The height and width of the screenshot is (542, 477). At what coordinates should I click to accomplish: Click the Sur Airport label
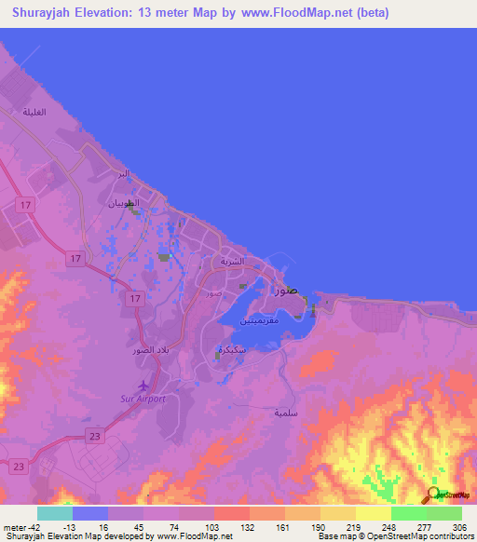click(x=143, y=399)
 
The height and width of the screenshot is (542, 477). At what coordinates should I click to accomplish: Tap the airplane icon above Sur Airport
click(x=143, y=386)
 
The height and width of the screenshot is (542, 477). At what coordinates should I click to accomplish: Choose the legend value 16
click(x=102, y=527)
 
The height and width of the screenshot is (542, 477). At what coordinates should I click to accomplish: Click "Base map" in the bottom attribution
click(x=334, y=536)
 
